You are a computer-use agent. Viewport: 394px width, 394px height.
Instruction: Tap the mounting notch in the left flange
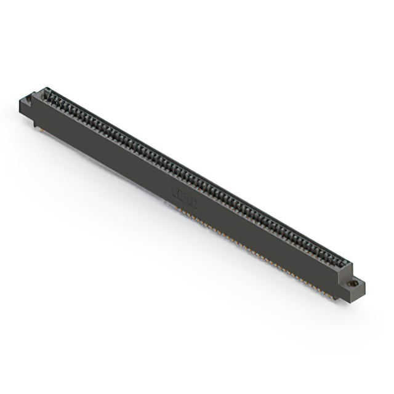pyautogui.click(x=28, y=98)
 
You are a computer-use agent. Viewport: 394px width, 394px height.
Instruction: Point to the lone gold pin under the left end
pyautogui.click(x=41, y=129)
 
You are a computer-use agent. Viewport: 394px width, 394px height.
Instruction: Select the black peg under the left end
pyautogui.click(x=35, y=126)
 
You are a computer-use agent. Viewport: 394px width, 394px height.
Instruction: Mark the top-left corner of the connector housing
pyautogui.click(x=43, y=90)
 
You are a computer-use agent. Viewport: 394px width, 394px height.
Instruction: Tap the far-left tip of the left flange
pyautogui.click(x=18, y=104)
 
